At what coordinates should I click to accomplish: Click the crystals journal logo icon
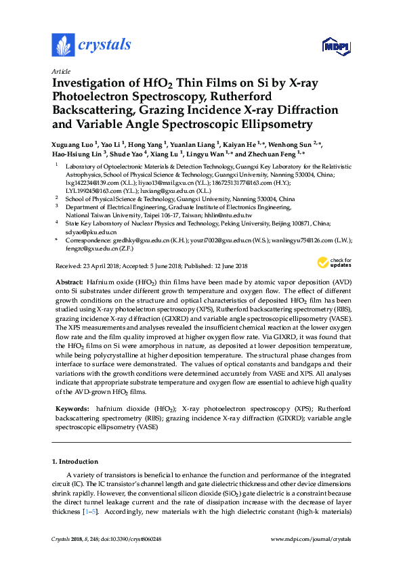tap(63, 45)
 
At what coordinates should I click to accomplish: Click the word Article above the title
tap(60, 70)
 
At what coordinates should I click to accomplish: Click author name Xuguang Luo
tap(73, 144)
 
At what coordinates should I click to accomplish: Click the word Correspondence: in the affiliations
tap(88, 240)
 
